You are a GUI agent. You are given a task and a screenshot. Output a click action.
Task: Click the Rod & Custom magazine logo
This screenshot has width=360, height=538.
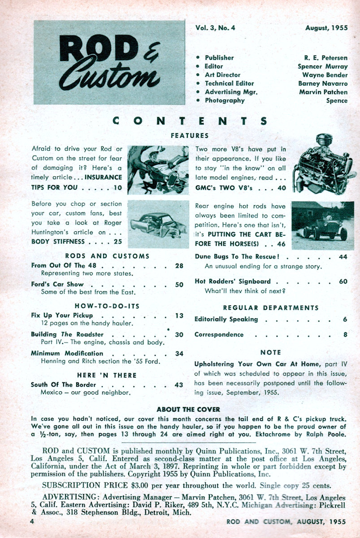pyautogui.click(x=109, y=62)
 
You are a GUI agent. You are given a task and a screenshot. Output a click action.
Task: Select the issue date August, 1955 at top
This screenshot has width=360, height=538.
pyautogui.click(x=326, y=28)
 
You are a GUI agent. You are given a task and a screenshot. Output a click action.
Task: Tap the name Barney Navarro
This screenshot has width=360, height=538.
pyautogui.click(x=322, y=83)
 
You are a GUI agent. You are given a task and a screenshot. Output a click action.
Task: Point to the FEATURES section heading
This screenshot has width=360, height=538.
pyautogui.click(x=190, y=135)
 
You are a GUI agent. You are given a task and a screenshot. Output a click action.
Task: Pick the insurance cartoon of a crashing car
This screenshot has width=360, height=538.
pyautogui.click(x=158, y=170)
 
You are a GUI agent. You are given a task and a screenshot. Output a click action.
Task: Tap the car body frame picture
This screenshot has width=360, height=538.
pyautogui.click(x=158, y=224)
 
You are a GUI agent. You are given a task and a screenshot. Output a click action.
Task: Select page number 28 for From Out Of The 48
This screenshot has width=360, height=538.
pyautogui.click(x=179, y=266)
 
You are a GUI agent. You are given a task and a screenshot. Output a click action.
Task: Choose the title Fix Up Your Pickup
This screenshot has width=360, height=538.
pyautogui.click(x=62, y=315)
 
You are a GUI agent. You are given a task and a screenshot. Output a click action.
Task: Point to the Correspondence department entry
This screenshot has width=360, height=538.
pyautogui.click(x=219, y=334)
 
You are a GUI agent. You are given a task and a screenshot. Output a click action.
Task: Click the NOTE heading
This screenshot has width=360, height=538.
pyautogui.click(x=270, y=352)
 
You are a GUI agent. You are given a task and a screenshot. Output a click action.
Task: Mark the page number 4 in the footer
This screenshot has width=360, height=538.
pyautogui.click(x=32, y=521)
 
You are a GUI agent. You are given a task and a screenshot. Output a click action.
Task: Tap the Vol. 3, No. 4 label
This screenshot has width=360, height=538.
pyautogui.click(x=215, y=28)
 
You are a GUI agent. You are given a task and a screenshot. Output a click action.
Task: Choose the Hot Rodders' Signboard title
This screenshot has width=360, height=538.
pyautogui.click(x=233, y=282)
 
